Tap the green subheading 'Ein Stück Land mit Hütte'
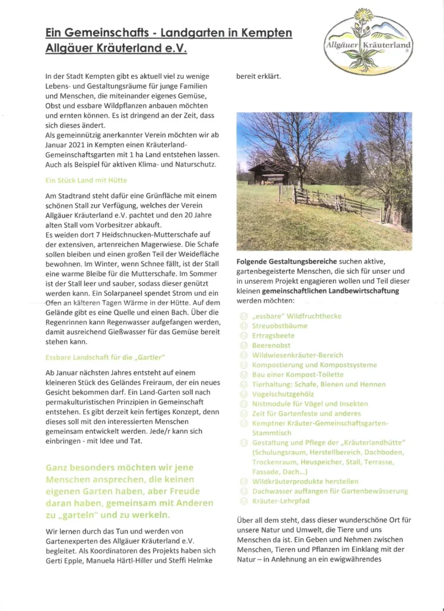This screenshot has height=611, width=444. [86, 180]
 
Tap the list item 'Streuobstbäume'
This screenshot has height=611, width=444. [280, 326]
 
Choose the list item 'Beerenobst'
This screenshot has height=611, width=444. [274, 345]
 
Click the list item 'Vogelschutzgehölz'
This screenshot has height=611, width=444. [283, 394]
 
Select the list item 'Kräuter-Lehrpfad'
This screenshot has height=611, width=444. [280, 501]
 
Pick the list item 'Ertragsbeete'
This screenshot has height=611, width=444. [273, 335]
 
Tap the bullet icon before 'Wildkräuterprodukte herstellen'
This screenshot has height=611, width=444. [243, 481]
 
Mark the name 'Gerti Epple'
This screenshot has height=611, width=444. [64, 560]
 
